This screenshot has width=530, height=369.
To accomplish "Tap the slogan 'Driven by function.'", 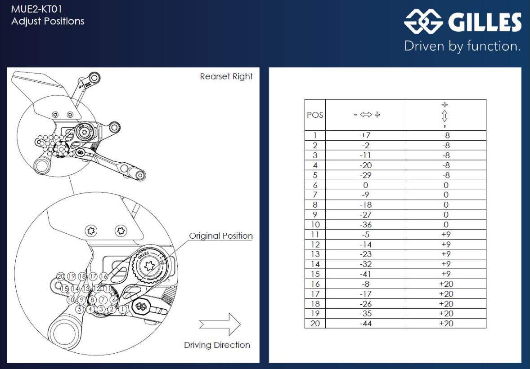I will (x=463, y=46).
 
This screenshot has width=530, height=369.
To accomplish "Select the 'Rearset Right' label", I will (x=226, y=76).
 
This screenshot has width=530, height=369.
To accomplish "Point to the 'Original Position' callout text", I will (x=220, y=236).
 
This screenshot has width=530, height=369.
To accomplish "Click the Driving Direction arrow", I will (x=220, y=324).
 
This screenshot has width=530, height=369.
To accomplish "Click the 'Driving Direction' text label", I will (x=217, y=345).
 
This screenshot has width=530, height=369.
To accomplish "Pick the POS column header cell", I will (x=315, y=115).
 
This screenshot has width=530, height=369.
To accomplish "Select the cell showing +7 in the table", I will (x=366, y=135).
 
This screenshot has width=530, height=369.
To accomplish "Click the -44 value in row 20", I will (x=366, y=324).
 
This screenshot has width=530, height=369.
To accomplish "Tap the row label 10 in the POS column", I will (x=315, y=225).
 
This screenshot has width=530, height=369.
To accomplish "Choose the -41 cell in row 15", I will (x=366, y=274).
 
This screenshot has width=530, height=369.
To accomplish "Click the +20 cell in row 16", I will (x=446, y=284).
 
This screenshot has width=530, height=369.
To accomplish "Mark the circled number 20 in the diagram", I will (x=61, y=276).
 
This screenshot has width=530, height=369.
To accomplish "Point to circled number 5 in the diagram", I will (x=80, y=309).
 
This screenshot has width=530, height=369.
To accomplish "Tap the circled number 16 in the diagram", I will (x=104, y=276).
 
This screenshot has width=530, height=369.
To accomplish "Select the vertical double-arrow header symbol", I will (x=445, y=115).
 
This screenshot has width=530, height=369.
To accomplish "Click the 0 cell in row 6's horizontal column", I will (x=366, y=185).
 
